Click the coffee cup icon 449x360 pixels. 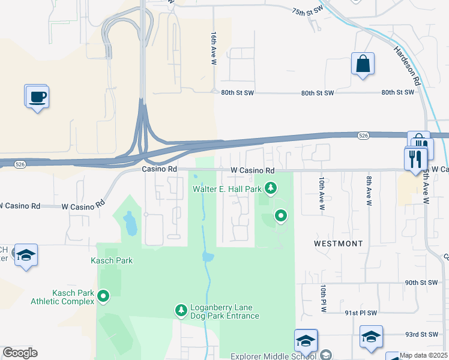[x=37, y=97]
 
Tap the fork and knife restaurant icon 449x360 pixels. [x=415, y=158]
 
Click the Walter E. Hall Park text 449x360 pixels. [x=227, y=189]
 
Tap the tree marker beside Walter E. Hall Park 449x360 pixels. [x=271, y=189]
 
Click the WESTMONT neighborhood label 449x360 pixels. [x=339, y=244]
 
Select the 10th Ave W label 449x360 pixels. [x=322, y=193]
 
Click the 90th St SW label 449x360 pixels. [x=422, y=282]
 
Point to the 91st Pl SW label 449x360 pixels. [x=360, y=313]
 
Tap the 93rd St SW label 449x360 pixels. [x=420, y=334]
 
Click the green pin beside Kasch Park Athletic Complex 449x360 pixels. [x=103, y=296]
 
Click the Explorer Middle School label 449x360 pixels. [x=274, y=356]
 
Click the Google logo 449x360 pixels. [x=20, y=353]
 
